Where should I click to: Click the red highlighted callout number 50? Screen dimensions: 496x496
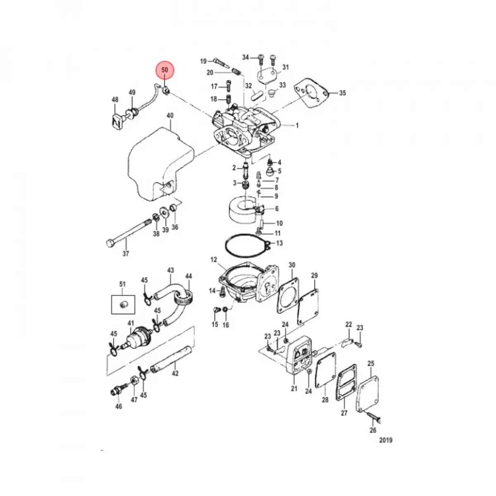tap(165, 71)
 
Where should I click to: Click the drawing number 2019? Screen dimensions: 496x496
tap(385, 440)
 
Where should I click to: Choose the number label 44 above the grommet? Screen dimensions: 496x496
tap(188, 276)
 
